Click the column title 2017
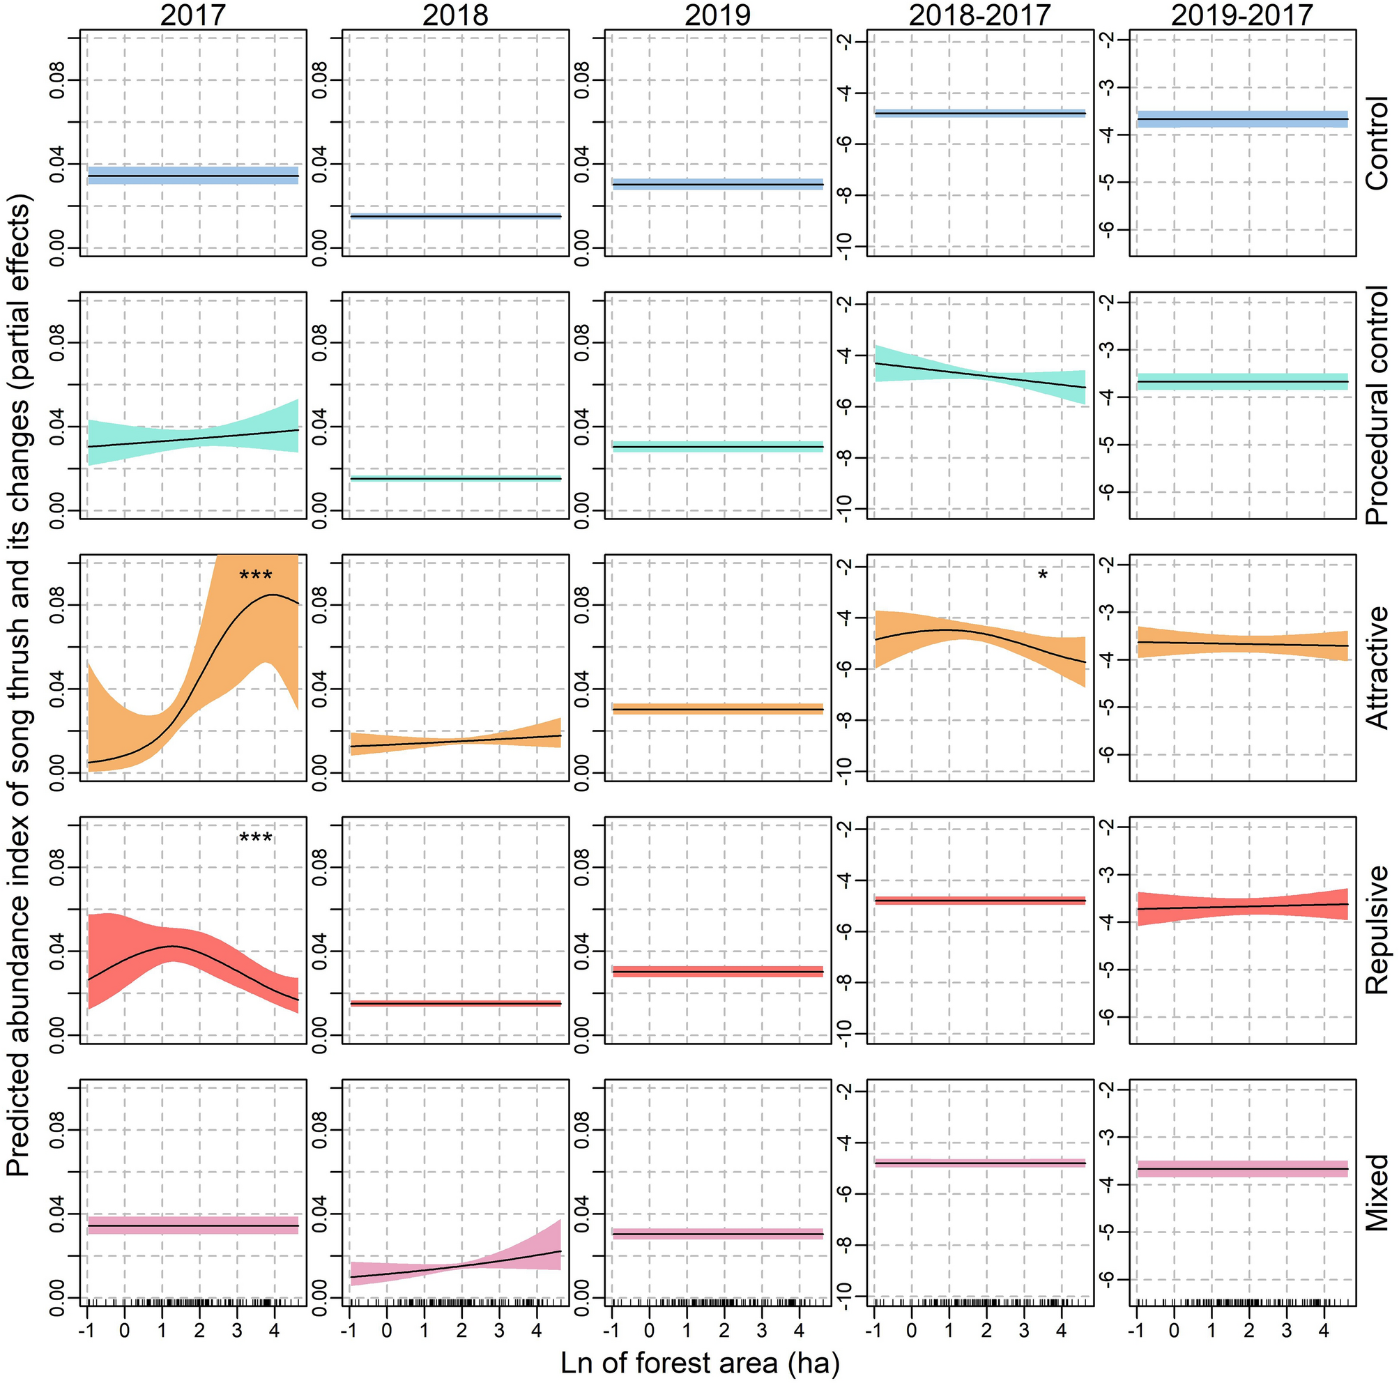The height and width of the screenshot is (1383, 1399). [192, 15]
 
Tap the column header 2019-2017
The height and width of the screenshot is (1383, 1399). [1241, 15]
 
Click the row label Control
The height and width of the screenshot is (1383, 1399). [1377, 144]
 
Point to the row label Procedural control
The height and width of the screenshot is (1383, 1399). [1377, 406]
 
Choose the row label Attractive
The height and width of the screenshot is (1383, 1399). [1377, 668]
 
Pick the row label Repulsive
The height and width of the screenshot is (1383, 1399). [1377, 930]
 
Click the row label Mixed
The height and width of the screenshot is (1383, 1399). [1377, 1193]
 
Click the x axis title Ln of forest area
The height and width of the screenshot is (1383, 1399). [700, 1363]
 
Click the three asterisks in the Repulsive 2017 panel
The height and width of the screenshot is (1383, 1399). [256, 839]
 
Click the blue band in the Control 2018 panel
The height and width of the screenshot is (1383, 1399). [455, 216]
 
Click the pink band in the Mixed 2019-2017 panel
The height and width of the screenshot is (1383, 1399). [1241, 1169]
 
